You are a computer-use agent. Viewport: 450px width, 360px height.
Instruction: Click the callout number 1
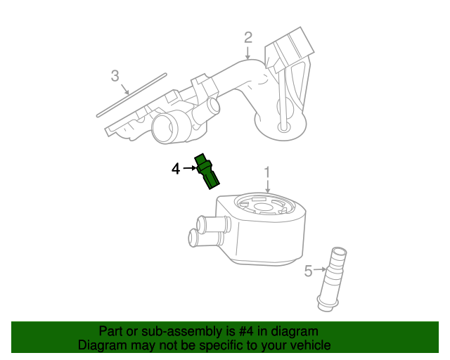point(267,172)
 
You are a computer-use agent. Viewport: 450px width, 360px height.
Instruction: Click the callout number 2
point(247,37)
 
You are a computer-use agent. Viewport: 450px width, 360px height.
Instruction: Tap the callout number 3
point(115,75)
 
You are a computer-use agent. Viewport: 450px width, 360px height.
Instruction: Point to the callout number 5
point(308,271)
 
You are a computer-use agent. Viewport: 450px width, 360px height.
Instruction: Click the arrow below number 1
point(267,186)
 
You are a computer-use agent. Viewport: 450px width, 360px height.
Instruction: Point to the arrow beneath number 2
point(247,53)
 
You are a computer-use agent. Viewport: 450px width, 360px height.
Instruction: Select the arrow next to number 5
point(320,269)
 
